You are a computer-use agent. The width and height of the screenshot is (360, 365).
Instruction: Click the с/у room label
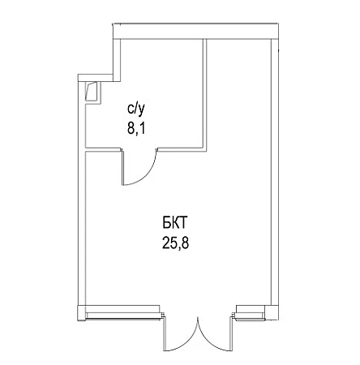(x=136, y=109)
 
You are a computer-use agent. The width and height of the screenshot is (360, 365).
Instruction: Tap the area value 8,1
(x=136, y=128)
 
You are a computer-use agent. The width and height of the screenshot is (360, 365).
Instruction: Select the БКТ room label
(x=175, y=224)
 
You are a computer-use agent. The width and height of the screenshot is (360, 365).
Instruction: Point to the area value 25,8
(x=175, y=243)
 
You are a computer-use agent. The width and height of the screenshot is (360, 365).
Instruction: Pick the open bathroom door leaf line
(x=122, y=167)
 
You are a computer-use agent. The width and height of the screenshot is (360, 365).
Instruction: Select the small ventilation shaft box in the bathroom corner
(x=92, y=92)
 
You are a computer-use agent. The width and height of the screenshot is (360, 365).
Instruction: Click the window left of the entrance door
(x=124, y=316)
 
